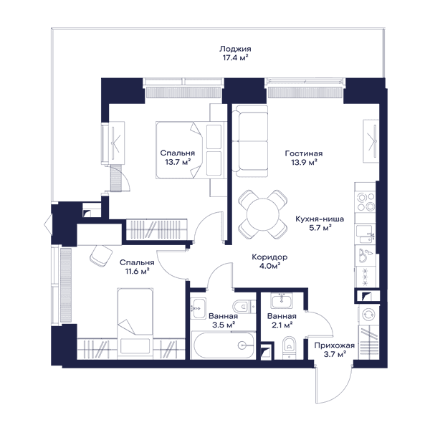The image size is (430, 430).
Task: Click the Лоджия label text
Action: (235, 49)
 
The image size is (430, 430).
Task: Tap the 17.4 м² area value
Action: (235, 58)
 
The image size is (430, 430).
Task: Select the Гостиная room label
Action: (304, 153)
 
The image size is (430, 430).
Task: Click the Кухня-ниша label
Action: (320, 219)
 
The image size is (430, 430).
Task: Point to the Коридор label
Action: (270, 257)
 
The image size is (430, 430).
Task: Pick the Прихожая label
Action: (334, 345)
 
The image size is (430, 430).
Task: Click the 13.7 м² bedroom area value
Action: (178, 163)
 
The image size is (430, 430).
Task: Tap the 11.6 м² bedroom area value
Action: (137, 272)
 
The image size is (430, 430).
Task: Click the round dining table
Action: (263, 214)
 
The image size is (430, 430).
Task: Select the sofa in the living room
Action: (250, 141)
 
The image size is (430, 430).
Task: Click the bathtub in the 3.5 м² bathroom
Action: (223, 345)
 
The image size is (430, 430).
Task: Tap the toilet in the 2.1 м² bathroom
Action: (289, 347)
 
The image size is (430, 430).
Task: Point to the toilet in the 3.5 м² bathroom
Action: (242, 306)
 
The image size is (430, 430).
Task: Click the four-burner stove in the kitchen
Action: (365, 201)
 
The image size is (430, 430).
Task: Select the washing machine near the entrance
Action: (368, 315)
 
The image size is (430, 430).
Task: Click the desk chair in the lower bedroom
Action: (100, 256)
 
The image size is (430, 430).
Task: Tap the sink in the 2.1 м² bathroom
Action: (282, 300)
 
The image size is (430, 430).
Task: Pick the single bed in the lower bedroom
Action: (135, 324)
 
